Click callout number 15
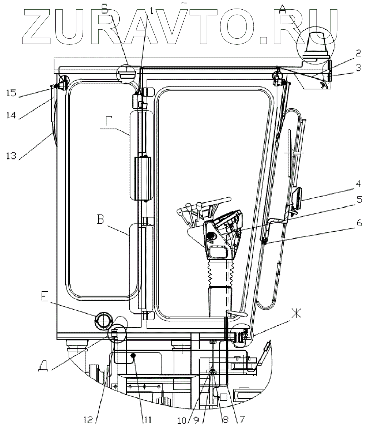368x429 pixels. (x=11, y=94)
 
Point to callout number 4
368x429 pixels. (x=357, y=186)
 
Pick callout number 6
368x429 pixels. (x=358, y=223)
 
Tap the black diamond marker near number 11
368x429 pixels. (x=134, y=356)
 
